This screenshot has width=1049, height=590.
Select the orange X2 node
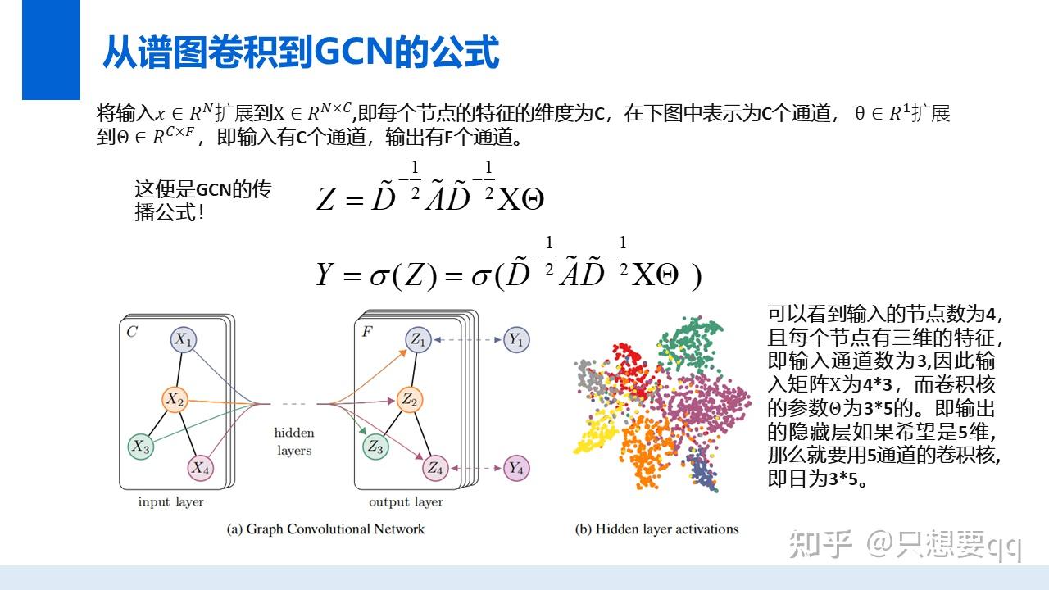(175, 399)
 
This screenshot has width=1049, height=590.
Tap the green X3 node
(140, 447)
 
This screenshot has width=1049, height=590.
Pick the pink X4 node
(200, 468)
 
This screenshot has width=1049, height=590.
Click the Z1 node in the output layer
(418, 339)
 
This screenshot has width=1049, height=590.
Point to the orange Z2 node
(409, 399)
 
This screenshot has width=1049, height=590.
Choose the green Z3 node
(375, 447)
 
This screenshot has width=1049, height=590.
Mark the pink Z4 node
(434, 468)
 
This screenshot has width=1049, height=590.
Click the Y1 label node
(515, 339)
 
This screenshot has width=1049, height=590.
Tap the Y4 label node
(515, 468)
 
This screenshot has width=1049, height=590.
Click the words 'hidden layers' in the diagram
(294, 442)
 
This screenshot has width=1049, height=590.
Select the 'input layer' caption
(170, 501)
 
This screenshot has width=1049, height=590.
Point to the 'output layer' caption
(406, 501)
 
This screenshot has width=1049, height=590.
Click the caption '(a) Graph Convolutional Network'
(325, 529)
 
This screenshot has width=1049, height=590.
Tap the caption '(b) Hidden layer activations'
(656, 529)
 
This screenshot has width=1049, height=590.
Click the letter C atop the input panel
(132, 332)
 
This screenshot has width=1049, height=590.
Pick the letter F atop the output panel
(366, 332)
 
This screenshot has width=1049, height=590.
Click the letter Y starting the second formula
(325, 275)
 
